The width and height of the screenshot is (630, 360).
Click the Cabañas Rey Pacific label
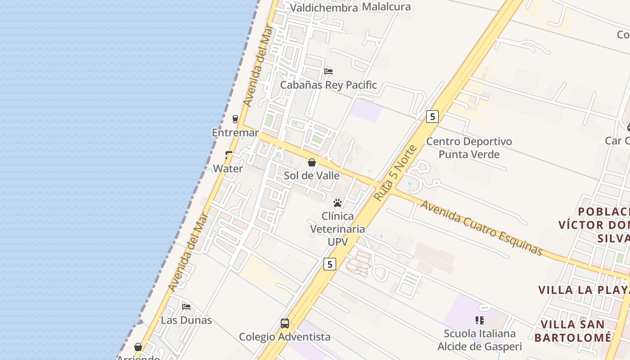(328, 85)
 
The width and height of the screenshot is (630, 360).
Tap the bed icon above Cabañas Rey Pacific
(328, 71)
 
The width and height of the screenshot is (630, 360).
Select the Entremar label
(235, 133)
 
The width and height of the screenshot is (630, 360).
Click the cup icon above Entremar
(235, 119)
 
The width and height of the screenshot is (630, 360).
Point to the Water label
(228, 169)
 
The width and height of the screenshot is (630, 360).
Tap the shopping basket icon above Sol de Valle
(312, 162)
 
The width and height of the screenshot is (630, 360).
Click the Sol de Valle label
(311, 175)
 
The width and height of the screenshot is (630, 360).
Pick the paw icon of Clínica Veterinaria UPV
(337, 203)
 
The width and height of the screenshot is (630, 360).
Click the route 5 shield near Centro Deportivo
(432, 117)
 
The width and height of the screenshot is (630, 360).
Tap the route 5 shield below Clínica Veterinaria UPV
(330, 264)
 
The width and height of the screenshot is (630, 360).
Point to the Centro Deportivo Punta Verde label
(469, 148)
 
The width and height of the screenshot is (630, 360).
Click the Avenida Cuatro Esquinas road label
(481, 227)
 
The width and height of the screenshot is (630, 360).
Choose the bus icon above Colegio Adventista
(285, 323)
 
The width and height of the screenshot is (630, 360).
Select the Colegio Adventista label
(284, 337)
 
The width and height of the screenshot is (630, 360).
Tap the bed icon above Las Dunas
(186, 307)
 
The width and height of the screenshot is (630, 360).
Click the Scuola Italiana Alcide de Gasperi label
(480, 340)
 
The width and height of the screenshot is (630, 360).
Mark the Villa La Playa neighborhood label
(584, 290)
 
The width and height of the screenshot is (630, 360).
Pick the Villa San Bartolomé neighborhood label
(576, 331)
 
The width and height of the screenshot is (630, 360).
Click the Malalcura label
(386, 7)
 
